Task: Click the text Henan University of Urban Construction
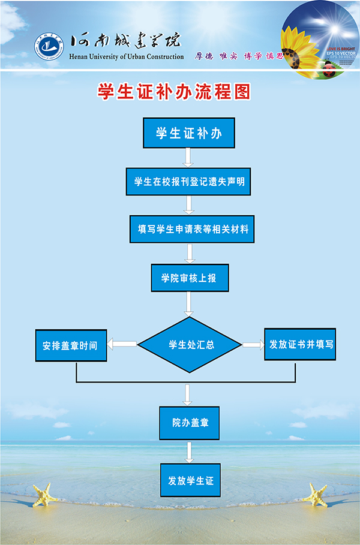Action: tap(127, 57)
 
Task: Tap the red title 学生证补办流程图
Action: tap(173, 92)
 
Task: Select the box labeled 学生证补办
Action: tap(188, 133)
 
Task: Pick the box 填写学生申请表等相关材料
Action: tap(192, 229)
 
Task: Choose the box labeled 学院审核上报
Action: tap(189, 278)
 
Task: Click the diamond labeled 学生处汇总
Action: tap(190, 345)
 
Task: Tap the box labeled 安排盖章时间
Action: tap(71, 345)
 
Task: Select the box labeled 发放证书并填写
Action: tap(299, 344)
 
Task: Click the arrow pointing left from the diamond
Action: tap(122, 344)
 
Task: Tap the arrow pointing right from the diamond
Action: tap(253, 345)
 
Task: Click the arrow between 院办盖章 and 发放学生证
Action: tap(189, 451)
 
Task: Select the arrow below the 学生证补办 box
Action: tap(188, 157)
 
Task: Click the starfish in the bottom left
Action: tap(44, 496)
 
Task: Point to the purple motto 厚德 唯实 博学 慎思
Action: tap(238, 56)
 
